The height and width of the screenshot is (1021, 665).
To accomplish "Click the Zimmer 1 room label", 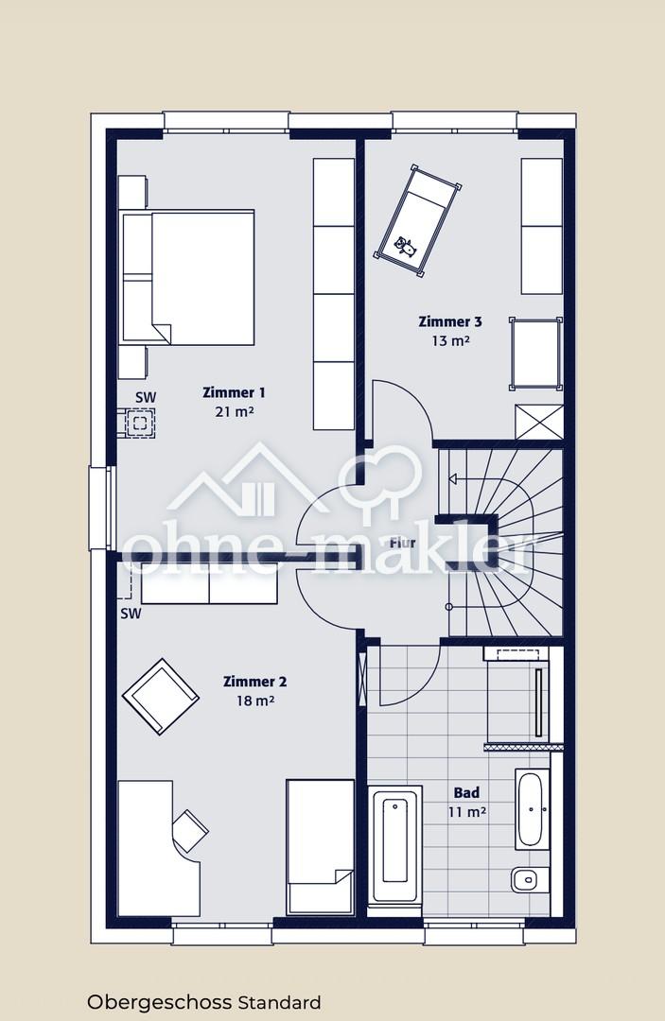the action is click(x=234, y=392).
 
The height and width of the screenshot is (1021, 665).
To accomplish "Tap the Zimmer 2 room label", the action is click(x=254, y=682).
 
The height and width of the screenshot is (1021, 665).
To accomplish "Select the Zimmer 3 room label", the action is click(x=450, y=321).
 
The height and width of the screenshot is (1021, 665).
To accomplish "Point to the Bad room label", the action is click(x=466, y=792).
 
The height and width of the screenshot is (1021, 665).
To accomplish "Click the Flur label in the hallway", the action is click(x=403, y=543).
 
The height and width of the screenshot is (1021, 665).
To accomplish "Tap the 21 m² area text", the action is click(x=234, y=411).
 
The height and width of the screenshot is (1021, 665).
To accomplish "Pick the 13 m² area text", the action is click(x=450, y=340).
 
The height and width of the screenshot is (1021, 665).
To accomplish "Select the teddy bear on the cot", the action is click(x=405, y=246).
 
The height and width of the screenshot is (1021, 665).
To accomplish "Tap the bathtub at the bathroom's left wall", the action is click(x=394, y=844).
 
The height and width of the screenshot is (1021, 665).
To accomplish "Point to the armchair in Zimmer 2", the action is click(x=160, y=696).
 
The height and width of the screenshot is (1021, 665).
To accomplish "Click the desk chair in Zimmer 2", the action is click(x=189, y=830).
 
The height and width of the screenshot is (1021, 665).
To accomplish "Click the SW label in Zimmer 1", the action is click(x=146, y=397).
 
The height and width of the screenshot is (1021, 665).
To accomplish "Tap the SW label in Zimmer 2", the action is click(x=131, y=614).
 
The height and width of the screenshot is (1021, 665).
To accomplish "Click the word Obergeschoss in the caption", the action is click(x=160, y=1002).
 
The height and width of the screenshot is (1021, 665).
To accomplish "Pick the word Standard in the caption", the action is click(x=279, y=1002).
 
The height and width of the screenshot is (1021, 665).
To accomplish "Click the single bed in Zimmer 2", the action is click(x=321, y=846).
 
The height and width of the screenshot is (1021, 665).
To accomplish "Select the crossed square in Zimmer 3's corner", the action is click(x=538, y=422).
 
